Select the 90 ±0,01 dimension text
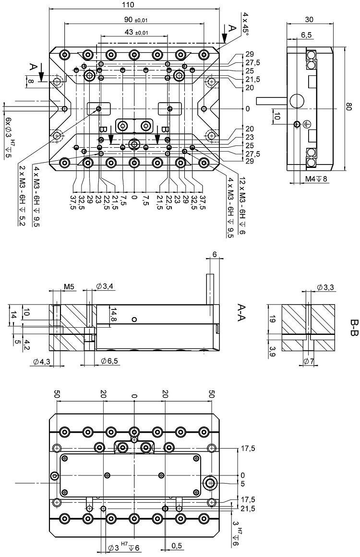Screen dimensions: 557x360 pos(134,19)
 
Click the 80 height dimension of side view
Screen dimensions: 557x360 pos(354,109)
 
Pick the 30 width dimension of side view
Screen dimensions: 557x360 pos(309,19)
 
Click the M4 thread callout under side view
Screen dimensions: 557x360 pos(316,179)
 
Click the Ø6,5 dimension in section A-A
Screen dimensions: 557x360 pos(109,360)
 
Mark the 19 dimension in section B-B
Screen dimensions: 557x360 pos(273,320)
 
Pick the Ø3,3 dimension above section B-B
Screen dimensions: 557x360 pos(326,287)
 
